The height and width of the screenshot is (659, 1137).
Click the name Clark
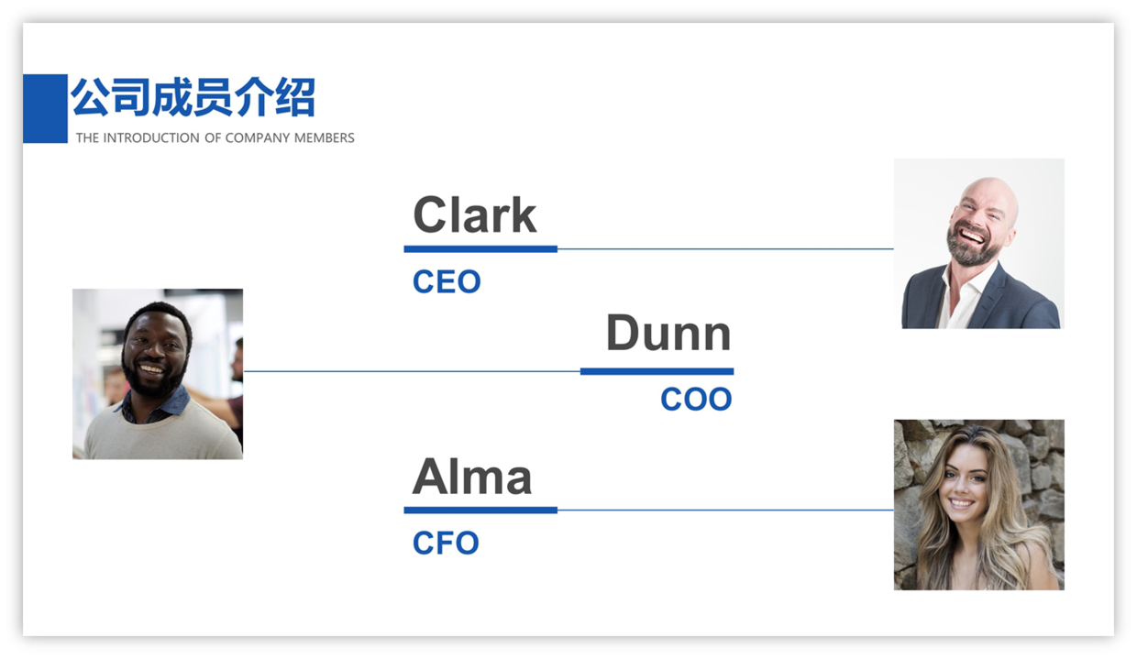(475, 215)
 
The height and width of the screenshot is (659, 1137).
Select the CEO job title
(447, 281)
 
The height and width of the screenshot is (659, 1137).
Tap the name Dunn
(669, 333)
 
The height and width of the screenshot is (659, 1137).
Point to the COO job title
(697, 400)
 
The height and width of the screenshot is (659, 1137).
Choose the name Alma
(472, 477)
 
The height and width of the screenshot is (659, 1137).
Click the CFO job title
(446, 543)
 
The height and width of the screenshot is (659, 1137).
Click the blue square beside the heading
(45, 108)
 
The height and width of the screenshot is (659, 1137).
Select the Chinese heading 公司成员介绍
(193, 97)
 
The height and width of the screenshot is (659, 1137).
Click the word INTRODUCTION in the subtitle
(151, 138)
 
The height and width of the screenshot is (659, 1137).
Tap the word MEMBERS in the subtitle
(325, 138)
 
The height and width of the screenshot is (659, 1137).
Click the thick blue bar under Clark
(480, 249)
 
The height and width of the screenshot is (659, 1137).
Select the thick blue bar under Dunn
(657, 371)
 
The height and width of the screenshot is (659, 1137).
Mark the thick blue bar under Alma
(480, 511)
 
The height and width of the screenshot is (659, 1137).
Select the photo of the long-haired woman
(979, 505)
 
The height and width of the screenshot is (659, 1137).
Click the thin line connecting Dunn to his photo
(413, 371)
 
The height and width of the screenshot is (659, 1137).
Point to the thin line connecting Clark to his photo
(725, 249)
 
